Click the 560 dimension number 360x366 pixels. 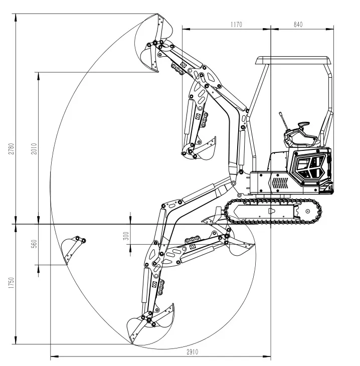tap(33, 244)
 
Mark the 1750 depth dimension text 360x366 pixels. tap(11, 284)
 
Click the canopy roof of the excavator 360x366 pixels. tap(293, 61)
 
